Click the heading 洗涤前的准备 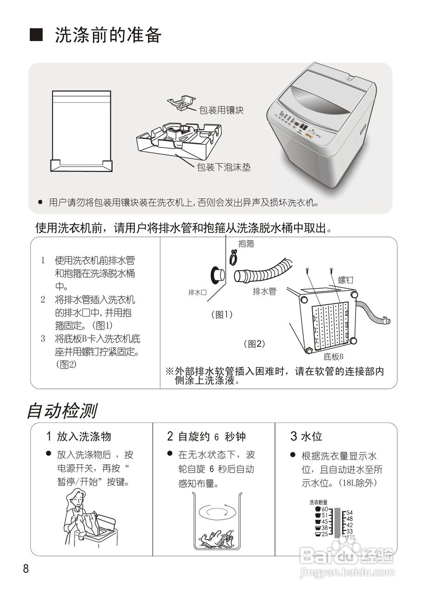pyautogui.click(x=108, y=35)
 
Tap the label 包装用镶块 pyautogui.click(x=221, y=110)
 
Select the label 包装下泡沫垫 pyautogui.click(x=224, y=167)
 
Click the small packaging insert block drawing pyautogui.click(x=181, y=104)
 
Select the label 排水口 pyautogui.click(x=197, y=292)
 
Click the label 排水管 pyautogui.click(x=264, y=291)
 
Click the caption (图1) pyautogui.click(x=221, y=315)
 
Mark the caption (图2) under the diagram pyautogui.click(x=254, y=344)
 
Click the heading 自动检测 pyautogui.click(x=61, y=411)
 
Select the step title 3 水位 pyautogui.click(x=306, y=436)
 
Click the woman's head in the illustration pyautogui.click(x=76, y=499)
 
